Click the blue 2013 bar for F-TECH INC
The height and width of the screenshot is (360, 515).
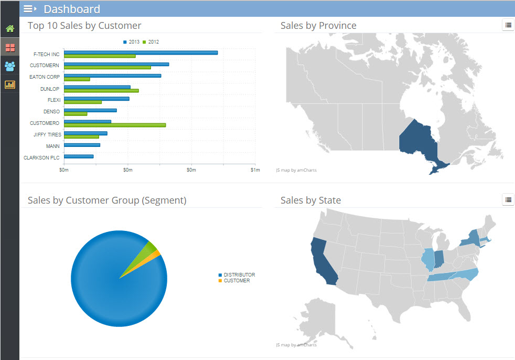coord(141,52)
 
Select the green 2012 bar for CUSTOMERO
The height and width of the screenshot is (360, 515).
coord(114,125)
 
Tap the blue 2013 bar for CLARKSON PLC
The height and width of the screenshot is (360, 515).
coord(79,156)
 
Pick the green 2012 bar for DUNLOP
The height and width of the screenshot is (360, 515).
coord(101,91)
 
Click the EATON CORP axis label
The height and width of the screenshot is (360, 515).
coord(45,77)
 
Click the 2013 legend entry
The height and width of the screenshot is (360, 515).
coord(132,42)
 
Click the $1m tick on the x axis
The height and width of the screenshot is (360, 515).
coord(255,170)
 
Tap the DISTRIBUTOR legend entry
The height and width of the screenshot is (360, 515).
coord(239,275)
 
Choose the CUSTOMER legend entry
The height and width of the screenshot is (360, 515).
coord(236,281)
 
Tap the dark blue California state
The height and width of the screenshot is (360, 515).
coord(321,260)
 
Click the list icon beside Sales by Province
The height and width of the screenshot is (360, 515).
coord(508,25)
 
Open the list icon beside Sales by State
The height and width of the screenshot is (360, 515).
coord(508,199)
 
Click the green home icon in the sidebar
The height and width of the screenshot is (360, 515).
coord(10,29)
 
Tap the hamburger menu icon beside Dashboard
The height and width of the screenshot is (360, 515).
coord(30,9)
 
